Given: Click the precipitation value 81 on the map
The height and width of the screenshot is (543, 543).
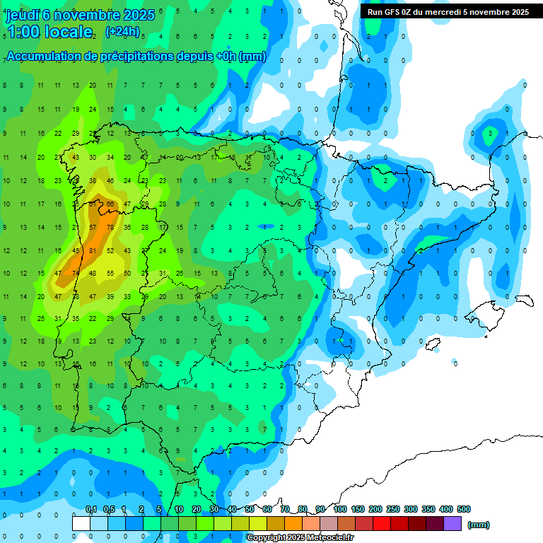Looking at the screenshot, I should click(93, 250).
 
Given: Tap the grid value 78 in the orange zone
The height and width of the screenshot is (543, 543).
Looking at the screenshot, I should click(110, 228).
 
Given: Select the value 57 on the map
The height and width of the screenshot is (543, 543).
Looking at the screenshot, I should click(93, 228).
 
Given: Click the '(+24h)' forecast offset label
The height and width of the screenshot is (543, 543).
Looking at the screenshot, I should click(122, 32).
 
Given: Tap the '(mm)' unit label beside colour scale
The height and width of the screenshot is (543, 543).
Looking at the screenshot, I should click(479, 525).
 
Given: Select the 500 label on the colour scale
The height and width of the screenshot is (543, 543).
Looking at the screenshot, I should click(464, 510).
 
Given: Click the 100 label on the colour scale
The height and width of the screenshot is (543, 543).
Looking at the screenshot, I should click(339, 510).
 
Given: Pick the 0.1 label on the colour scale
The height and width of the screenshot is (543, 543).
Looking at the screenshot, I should click(90, 510).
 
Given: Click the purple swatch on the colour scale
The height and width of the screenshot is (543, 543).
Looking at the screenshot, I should click(452, 524).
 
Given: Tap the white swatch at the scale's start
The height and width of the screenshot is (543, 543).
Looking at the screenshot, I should click(81, 524).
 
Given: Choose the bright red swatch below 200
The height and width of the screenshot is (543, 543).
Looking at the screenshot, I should click(382, 524).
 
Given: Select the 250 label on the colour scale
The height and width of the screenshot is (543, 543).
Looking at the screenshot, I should click(392, 510).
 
